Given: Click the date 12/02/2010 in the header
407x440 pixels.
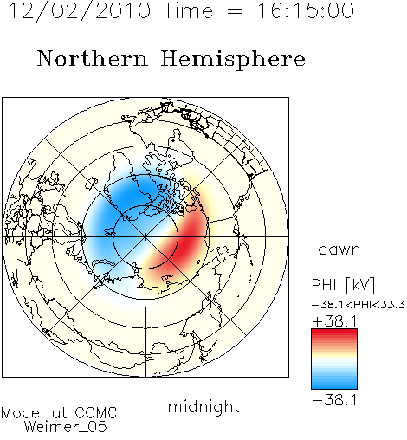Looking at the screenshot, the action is coord(80,11).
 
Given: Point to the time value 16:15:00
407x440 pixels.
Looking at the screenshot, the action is coord(306,10).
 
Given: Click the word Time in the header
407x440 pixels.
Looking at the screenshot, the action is coord(188,10).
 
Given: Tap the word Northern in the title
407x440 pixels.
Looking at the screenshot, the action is coord(93,58).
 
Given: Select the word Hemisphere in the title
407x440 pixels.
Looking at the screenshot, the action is coord(233,60).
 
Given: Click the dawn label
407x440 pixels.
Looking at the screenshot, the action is coord(339,249).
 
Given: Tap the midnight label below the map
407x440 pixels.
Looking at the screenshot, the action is coord(203,406).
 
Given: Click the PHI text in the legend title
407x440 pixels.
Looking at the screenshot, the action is coord(324,285).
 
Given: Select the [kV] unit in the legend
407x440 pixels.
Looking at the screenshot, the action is coord(360,285).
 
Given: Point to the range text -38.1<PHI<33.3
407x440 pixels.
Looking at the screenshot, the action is coord(359,305).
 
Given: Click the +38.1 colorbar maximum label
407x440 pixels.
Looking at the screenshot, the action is coord(334,321).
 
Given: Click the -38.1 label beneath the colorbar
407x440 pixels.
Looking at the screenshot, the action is coord(334,400).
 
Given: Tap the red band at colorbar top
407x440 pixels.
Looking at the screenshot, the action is coord(334,333).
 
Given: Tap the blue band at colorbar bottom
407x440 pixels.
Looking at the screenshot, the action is coord(334,385).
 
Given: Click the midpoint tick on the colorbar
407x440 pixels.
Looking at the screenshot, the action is coord(359,359).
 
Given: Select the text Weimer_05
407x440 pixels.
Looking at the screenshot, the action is coord(65,427).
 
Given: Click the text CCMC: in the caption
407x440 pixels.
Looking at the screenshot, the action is coord(98,413).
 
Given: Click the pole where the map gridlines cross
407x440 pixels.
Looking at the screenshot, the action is coord(145,237).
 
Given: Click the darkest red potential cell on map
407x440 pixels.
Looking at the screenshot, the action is coord(188,241).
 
